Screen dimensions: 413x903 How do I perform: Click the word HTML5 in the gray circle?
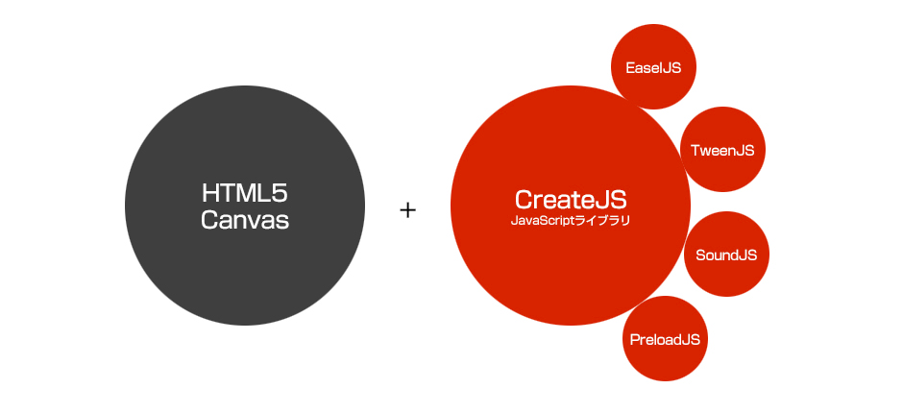tap(245, 191)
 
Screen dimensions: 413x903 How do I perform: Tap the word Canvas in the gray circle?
tap(245, 220)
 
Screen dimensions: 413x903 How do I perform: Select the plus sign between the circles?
tap(408, 209)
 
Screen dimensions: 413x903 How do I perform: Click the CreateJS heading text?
tap(571, 200)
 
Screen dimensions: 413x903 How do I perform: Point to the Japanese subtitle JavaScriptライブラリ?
tap(571, 221)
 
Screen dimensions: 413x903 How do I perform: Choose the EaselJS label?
tap(653, 68)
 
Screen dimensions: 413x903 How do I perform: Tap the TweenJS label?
tap(722, 150)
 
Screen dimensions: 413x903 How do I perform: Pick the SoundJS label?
tap(726, 255)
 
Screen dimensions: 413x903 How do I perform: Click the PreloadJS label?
tap(665, 339)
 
